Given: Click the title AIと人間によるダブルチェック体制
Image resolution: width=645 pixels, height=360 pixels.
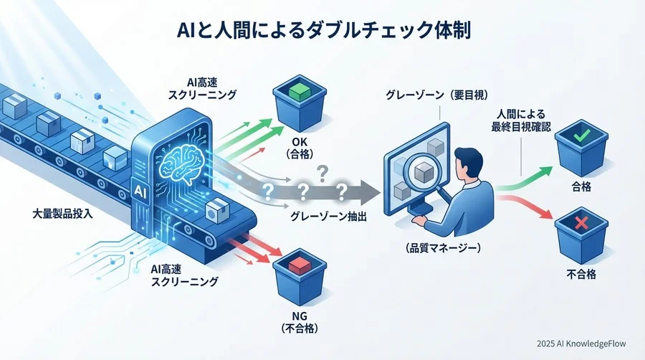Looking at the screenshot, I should [322, 32].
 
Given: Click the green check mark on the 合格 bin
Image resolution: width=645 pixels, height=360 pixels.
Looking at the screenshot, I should [581, 134].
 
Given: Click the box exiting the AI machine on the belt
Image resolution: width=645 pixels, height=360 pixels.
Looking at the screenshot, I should [214, 211].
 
